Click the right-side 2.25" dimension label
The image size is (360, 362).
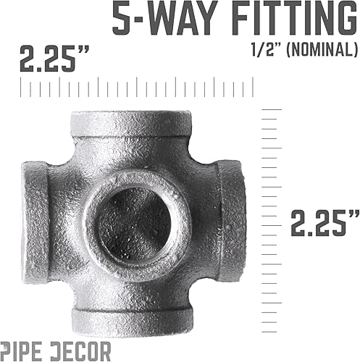click(x=325, y=221)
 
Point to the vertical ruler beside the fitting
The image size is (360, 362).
click(x=274, y=217)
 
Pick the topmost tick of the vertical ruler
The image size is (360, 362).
click(x=272, y=109)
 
